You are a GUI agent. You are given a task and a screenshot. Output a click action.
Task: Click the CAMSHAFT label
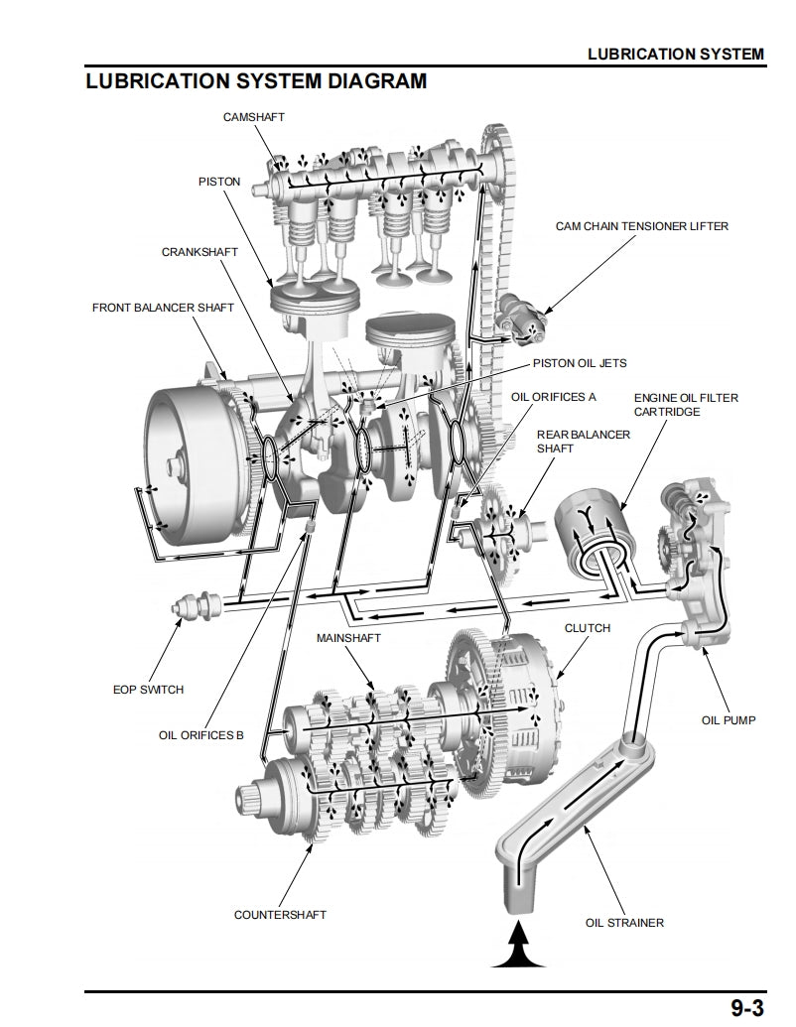(254, 117)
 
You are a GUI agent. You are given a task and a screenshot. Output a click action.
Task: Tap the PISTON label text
(219, 183)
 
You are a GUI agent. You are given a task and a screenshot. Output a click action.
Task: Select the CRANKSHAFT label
(199, 252)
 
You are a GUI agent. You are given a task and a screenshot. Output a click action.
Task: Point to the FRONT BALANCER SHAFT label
(163, 308)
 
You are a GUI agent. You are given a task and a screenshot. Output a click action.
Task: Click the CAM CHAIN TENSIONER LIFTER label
(641, 226)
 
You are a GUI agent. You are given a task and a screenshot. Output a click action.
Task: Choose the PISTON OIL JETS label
(580, 363)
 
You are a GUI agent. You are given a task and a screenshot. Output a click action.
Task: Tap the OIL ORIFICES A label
(553, 397)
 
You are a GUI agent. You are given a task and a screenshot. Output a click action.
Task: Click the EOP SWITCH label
(148, 689)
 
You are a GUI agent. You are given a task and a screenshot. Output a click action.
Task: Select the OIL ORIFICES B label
(200, 735)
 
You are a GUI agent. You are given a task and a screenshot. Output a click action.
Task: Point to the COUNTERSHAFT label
(280, 914)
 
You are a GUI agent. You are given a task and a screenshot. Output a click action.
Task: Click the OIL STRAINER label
(624, 922)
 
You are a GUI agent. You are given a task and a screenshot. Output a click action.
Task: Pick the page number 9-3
(746, 1008)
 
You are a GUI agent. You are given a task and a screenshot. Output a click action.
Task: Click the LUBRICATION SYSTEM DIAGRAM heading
(256, 81)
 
